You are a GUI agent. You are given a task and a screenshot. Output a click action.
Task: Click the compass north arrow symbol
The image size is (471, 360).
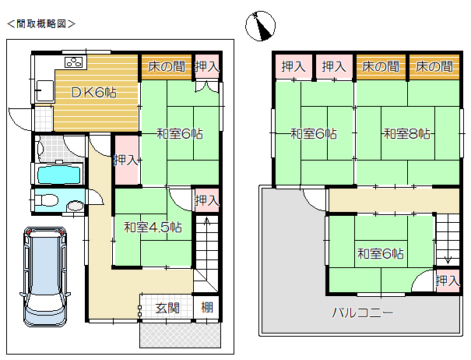(261, 26)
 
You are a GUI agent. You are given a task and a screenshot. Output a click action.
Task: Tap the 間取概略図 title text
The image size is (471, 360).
(41, 23)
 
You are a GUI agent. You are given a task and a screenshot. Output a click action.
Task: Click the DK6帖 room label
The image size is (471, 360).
(93, 92)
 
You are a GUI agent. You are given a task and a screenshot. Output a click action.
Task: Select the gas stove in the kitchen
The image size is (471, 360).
(74, 62)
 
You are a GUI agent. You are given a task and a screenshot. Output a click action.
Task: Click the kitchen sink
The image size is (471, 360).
(44, 90)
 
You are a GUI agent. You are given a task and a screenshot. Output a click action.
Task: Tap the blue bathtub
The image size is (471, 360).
(59, 175)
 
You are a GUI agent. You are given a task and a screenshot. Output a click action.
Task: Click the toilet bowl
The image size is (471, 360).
(46, 199)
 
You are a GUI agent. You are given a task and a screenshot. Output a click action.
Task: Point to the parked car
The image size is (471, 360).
(45, 277)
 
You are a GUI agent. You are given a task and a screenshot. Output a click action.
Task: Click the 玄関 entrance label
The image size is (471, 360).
(167, 308)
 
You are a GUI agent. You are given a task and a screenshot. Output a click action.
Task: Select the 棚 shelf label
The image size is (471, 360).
(207, 307)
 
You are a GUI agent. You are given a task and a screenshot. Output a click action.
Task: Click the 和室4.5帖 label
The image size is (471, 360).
(153, 227)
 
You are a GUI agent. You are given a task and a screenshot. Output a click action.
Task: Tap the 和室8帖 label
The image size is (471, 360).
(407, 133)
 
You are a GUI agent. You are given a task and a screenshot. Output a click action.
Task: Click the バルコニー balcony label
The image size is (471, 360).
(363, 313)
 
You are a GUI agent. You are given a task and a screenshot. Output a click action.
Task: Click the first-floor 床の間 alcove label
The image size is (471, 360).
(167, 67)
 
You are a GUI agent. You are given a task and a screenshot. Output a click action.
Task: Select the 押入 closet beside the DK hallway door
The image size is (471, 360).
(126, 160)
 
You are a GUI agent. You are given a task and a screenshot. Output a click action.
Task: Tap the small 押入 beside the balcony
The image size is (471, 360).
(448, 281)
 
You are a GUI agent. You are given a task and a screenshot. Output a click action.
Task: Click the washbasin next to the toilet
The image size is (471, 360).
(76, 206)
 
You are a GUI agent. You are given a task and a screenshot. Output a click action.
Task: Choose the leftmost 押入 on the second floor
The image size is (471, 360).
(293, 66)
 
